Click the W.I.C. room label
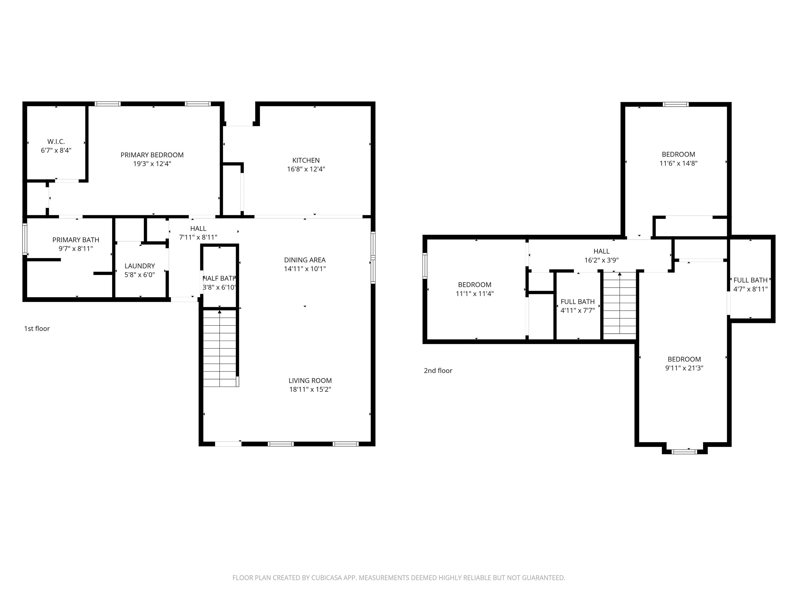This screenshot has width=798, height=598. click(56, 142)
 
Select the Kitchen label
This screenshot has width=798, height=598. click(305, 160)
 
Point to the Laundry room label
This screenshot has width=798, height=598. click(140, 266)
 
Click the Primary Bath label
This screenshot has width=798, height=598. click(75, 240)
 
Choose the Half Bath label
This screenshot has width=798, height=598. click(219, 279)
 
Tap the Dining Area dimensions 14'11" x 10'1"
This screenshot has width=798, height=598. click(305, 269)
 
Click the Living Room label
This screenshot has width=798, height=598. click(310, 381)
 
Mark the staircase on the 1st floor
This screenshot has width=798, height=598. click(220, 348)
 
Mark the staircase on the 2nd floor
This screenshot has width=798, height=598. click(619, 305)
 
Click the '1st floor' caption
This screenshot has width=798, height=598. click(37, 329)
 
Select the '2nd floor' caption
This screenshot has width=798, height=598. click(438, 370)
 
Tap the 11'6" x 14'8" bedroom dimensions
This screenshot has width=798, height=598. click(678, 163)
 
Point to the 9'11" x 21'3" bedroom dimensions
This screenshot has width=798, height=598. click(684, 368)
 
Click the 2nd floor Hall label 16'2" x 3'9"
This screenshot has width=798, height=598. click(601, 251)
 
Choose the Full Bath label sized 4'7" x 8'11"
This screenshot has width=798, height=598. click(750, 280)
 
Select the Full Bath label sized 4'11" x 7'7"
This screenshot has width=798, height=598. click(577, 302)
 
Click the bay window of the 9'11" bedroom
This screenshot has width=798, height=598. click(684, 451)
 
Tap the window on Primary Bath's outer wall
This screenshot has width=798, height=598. click(25, 239)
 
